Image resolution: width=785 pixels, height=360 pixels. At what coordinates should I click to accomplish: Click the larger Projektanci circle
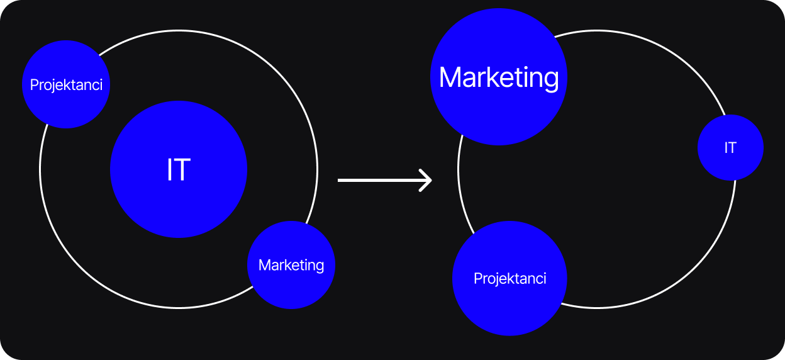(x=509, y=308)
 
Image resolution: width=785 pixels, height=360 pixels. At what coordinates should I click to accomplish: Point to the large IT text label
(x=179, y=170)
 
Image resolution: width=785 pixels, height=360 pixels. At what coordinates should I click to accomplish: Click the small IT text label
(x=730, y=148)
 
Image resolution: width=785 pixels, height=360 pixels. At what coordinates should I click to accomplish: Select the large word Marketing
(x=499, y=77)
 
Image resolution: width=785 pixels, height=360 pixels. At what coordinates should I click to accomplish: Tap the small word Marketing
(x=291, y=265)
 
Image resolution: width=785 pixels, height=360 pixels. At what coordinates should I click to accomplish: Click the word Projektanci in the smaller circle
(x=66, y=84)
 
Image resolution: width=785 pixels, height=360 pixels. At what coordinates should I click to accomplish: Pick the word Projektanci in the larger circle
(x=509, y=278)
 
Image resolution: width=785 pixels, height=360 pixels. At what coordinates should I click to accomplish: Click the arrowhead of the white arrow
(x=428, y=181)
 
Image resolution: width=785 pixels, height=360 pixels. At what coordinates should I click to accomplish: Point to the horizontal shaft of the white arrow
(x=377, y=181)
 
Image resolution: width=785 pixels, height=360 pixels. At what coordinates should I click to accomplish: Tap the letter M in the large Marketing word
(x=452, y=77)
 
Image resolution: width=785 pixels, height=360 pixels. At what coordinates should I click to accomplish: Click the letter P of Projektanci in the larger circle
(x=477, y=278)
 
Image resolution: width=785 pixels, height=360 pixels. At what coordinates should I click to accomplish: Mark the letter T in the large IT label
(x=184, y=170)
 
